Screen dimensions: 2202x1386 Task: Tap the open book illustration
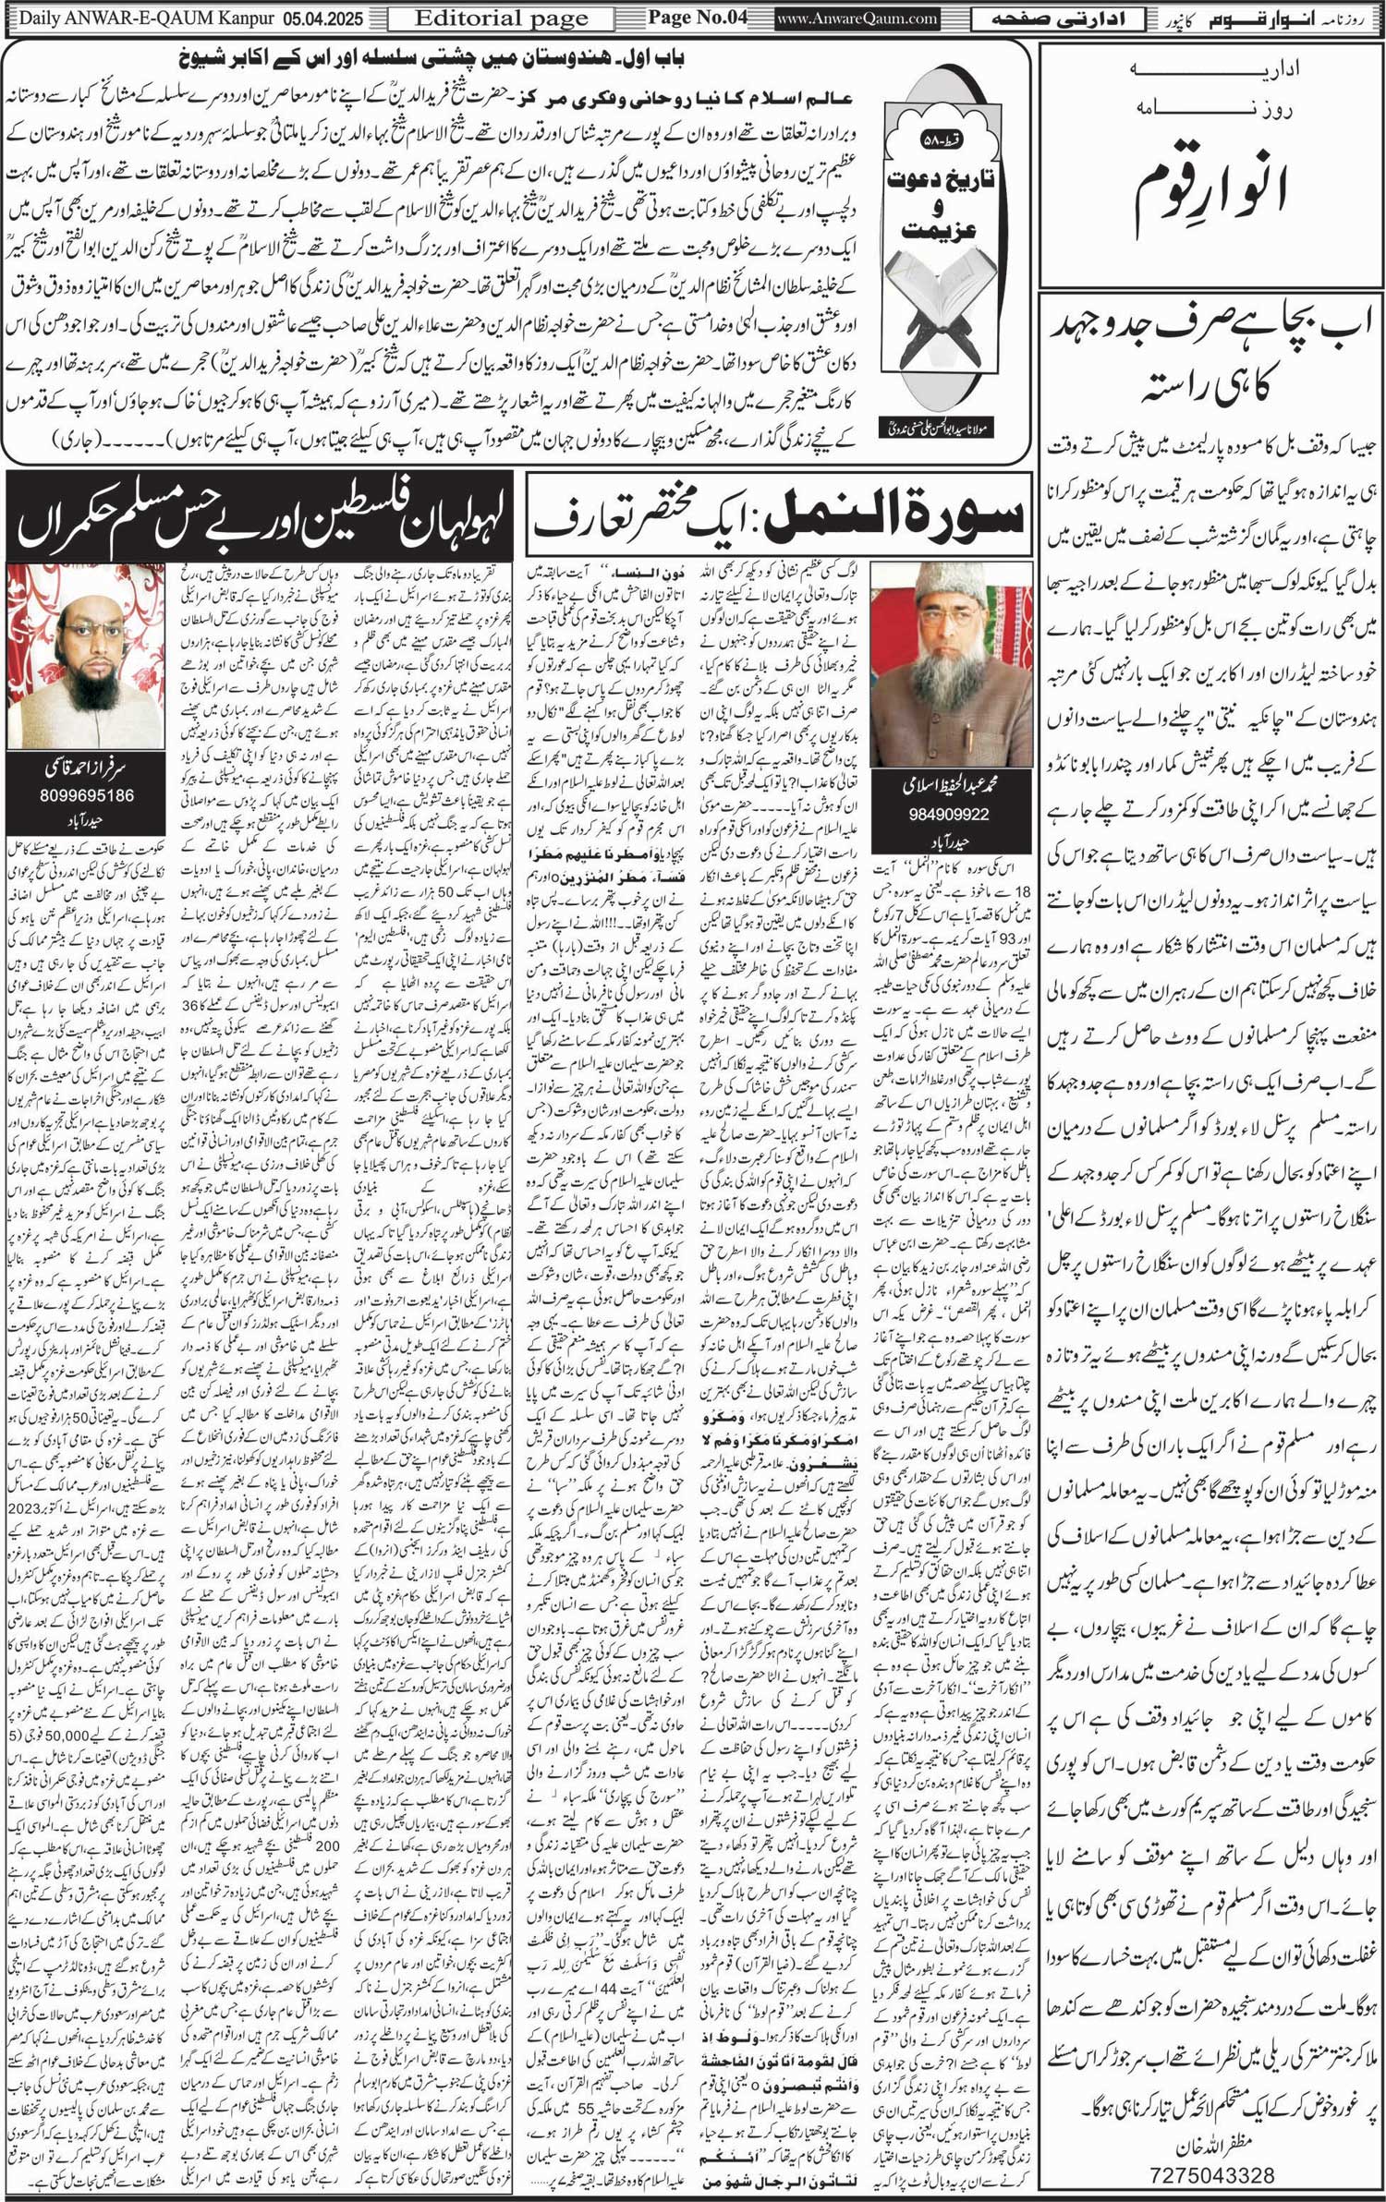tap(952, 300)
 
